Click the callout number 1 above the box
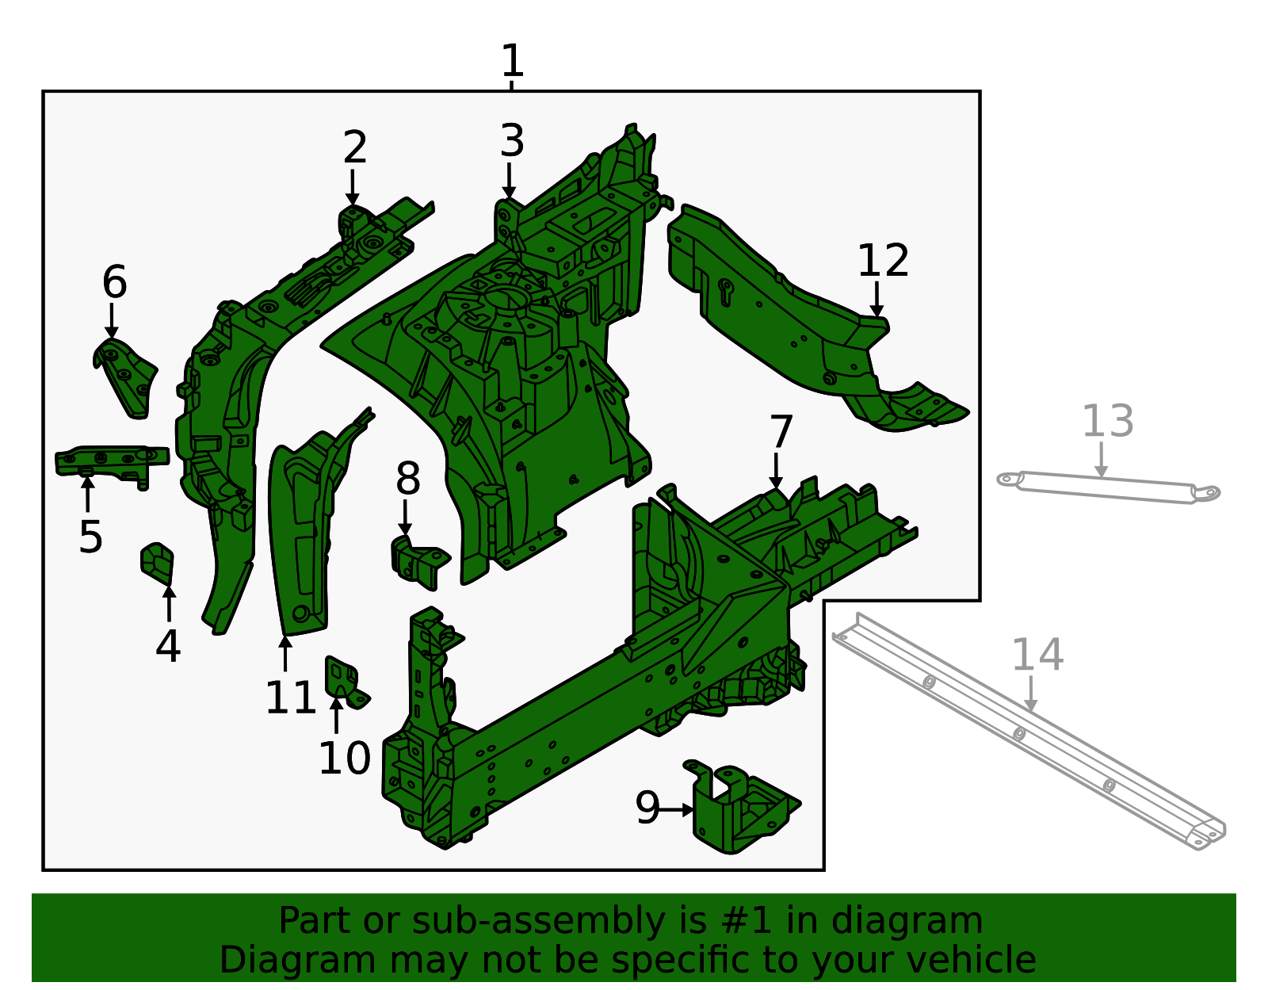pos(512,61)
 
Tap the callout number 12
pos(883,261)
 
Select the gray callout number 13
pos(1107,421)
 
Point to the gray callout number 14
pos(1037,656)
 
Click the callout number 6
pos(114,281)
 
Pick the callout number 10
pos(344,759)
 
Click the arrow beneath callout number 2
pos(352,187)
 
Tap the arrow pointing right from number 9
pos(676,810)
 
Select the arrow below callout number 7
pos(776,471)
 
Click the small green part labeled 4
pos(157,563)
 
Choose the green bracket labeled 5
pos(112,465)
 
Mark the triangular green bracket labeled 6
pos(125,378)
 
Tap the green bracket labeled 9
pos(740,808)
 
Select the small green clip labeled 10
pos(345,682)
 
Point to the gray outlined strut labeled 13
pos(1108,487)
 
